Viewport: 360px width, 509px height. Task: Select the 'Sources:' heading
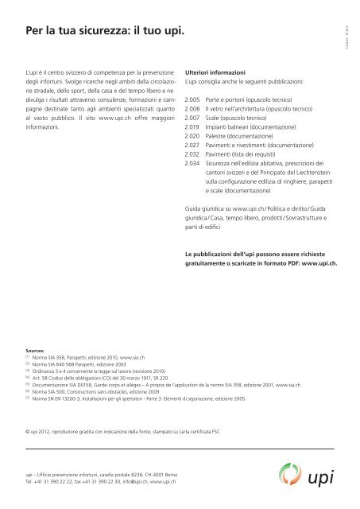click(x=36, y=348)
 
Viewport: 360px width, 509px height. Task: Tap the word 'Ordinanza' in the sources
click(x=46, y=371)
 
